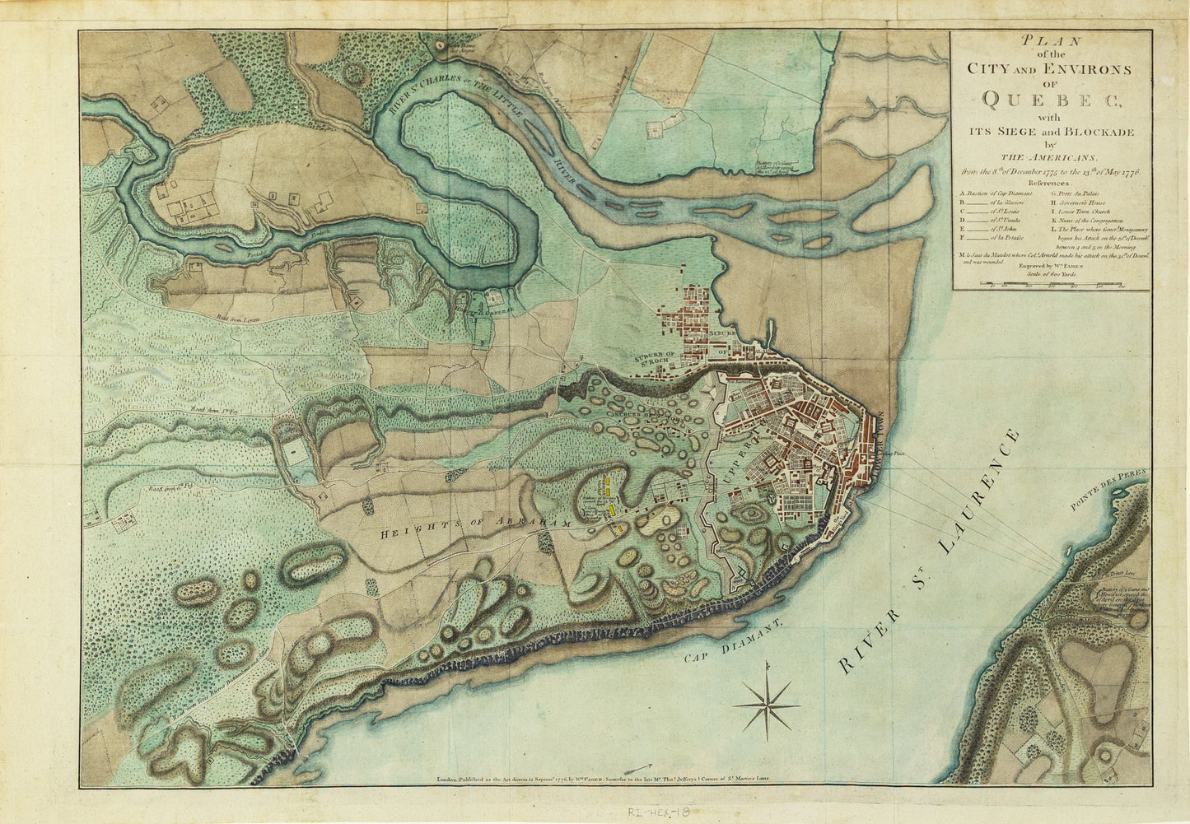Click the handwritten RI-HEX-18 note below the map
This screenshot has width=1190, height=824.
coord(658,812)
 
